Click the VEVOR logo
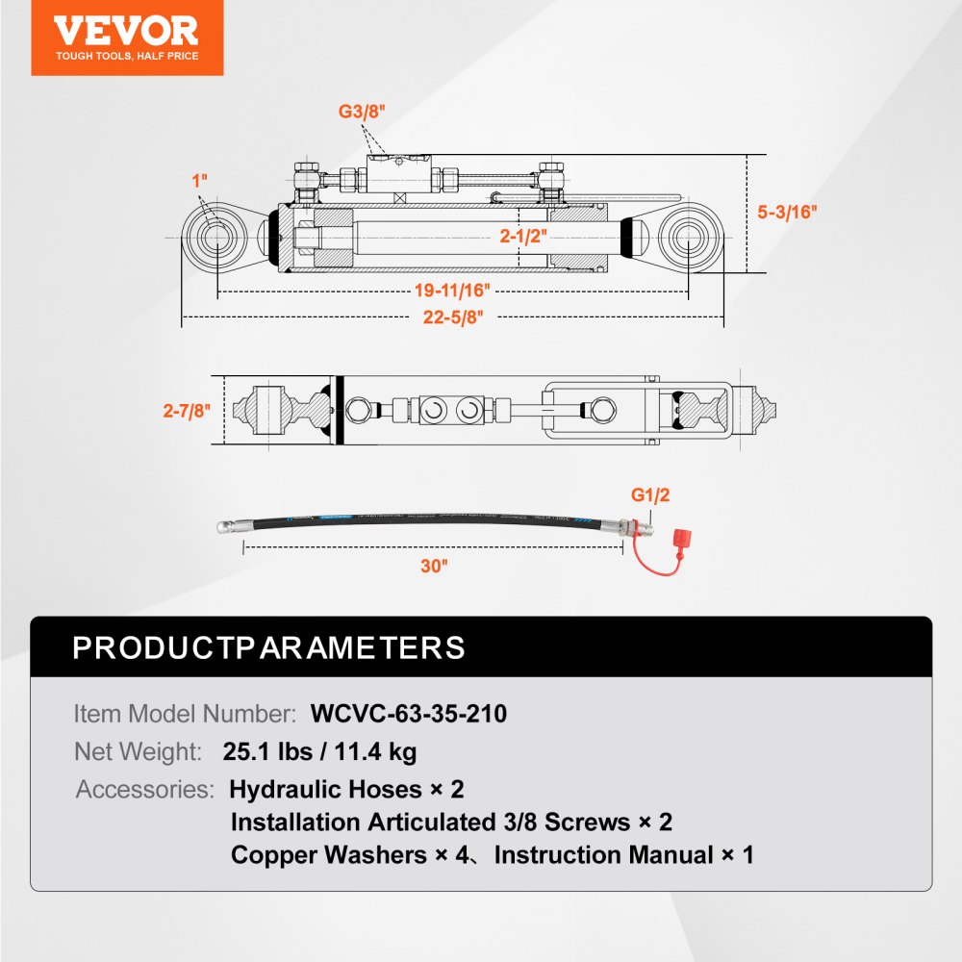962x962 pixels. click(126, 37)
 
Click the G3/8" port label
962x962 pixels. click(362, 112)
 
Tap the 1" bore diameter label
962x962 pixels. click(200, 180)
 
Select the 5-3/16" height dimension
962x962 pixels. click(786, 213)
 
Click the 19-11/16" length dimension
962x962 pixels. click(452, 290)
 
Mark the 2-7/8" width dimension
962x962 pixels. click(186, 411)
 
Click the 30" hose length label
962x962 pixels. click(434, 566)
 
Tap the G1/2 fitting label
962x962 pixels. click(649, 495)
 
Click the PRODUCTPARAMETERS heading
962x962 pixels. click(269, 647)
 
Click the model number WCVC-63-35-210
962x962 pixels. click(409, 714)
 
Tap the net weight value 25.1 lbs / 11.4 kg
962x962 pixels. click(319, 751)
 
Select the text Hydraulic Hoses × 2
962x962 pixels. click(346, 790)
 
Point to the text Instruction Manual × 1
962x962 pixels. click(624, 854)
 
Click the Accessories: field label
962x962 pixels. click(144, 790)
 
